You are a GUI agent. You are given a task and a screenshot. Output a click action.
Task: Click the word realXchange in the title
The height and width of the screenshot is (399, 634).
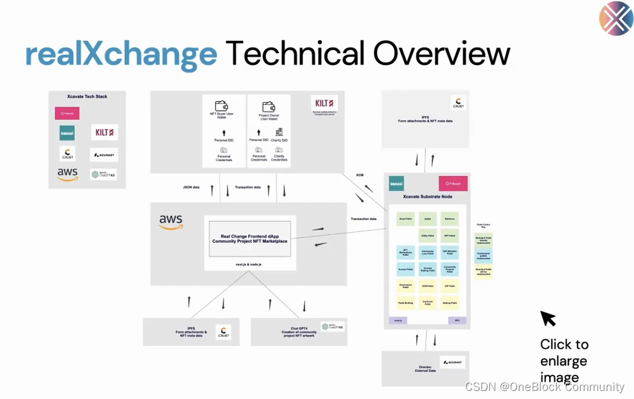(121, 55)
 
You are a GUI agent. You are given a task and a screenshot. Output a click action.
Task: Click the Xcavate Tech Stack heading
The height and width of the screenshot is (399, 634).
(87, 97)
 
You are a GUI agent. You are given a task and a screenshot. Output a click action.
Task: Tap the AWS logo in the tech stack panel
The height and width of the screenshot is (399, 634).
(67, 175)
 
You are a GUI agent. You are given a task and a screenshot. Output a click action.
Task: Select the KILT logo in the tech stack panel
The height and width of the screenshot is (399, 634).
(104, 133)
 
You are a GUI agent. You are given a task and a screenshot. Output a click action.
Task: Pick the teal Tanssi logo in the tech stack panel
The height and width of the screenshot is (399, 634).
(67, 133)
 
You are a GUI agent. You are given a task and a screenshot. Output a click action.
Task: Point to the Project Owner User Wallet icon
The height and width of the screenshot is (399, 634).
(268, 107)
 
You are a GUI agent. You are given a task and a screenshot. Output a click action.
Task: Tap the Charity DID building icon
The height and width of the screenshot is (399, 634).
(279, 132)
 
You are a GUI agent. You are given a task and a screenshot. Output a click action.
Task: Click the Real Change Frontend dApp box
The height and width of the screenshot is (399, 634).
(250, 238)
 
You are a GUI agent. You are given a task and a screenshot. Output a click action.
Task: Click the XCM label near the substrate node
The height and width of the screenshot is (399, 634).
(360, 175)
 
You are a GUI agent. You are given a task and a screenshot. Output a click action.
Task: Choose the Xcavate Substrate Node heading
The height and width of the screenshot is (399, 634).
(427, 196)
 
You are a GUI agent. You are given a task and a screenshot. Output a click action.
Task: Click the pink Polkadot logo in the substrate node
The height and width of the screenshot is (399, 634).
(453, 183)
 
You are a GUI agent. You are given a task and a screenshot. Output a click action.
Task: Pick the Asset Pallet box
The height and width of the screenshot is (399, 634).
(405, 219)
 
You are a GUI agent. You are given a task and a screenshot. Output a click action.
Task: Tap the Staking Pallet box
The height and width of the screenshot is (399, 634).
(450, 303)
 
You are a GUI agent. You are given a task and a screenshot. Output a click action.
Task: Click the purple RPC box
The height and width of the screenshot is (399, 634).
(456, 321)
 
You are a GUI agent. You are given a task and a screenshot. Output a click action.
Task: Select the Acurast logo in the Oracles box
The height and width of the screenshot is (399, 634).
(452, 362)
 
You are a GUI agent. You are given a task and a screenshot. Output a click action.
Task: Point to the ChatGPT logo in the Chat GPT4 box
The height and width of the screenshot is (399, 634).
(333, 327)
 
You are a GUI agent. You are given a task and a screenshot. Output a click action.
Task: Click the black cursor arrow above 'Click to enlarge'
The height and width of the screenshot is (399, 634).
(547, 318)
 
